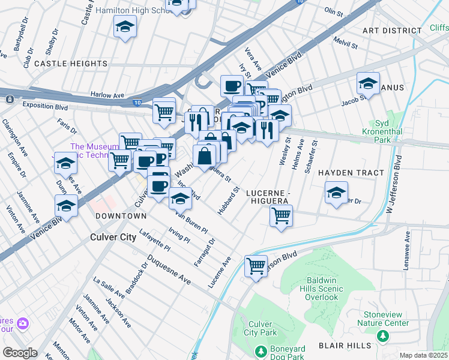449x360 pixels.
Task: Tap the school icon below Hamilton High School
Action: [x=125, y=27]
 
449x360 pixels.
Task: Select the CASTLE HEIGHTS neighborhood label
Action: [x=71, y=63]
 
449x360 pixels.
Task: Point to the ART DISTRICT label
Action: [x=392, y=31]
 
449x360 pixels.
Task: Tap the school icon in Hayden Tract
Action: [x=336, y=193]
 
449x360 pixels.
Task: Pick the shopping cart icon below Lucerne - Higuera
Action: [x=281, y=215]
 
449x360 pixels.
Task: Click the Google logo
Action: [x=20, y=353]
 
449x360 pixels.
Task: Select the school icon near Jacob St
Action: [x=368, y=83]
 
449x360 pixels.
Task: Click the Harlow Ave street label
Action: [x=107, y=94]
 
